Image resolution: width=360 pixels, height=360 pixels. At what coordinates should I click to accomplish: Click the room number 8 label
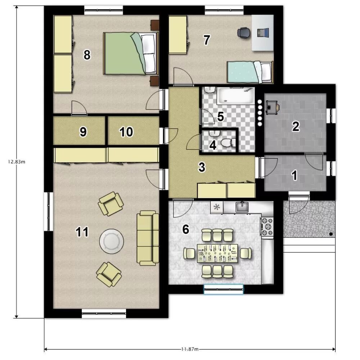point(87,55)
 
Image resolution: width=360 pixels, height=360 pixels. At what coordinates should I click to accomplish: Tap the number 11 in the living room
point(82,232)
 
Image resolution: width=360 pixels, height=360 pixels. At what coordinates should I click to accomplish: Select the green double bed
point(131,54)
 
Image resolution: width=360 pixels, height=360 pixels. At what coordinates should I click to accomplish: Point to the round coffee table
point(112,241)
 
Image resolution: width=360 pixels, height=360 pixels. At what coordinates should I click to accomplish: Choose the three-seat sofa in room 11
point(148,238)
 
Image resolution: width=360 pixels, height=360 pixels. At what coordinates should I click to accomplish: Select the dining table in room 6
point(217,253)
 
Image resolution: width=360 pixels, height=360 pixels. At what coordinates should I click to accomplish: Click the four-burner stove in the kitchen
point(267,227)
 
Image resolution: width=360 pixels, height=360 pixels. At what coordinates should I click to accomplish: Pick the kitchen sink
point(242,207)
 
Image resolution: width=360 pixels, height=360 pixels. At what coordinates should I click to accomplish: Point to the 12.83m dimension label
point(17,161)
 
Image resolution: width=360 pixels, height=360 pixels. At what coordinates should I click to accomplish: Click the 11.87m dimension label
point(190,349)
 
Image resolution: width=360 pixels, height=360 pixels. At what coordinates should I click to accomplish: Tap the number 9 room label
point(83,132)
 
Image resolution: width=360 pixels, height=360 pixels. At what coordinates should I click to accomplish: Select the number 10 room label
point(126,132)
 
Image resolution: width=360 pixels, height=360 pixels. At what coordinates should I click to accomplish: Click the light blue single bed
point(250,72)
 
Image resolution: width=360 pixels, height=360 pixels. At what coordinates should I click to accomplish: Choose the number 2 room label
point(296,127)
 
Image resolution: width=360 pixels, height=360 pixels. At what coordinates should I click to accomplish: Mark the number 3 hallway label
point(202,167)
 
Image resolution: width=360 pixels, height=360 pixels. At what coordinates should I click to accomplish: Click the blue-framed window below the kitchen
point(224,289)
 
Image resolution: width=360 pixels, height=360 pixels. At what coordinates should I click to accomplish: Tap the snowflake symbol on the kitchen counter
point(216,207)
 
